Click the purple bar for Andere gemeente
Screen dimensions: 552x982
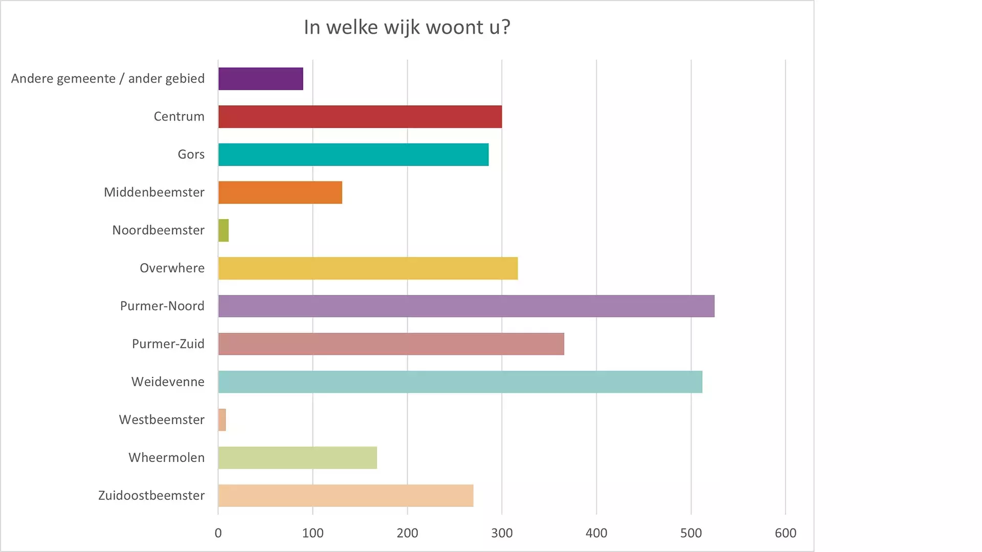click(x=260, y=79)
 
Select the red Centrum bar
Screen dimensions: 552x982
click(x=360, y=117)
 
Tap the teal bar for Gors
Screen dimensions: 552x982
click(x=353, y=154)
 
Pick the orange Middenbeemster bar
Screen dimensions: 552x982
click(x=280, y=192)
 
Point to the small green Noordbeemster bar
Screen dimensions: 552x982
click(x=224, y=231)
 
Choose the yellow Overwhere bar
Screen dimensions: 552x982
click(x=368, y=268)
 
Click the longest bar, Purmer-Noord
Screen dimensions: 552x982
click(x=466, y=306)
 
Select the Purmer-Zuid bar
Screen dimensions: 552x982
click(x=391, y=344)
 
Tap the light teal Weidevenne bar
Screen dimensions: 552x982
click(x=460, y=382)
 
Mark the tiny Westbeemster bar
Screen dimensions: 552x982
click(x=222, y=420)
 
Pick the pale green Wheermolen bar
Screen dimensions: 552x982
click(x=297, y=457)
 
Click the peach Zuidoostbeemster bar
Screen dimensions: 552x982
click(x=345, y=495)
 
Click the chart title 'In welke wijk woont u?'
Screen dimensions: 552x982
click(x=407, y=27)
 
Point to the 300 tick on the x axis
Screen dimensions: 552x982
click(x=502, y=533)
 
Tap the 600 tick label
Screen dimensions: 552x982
click(x=785, y=533)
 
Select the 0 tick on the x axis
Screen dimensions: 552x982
click(x=218, y=533)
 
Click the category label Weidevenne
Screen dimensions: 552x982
click(x=168, y=382)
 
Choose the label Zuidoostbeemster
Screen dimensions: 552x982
click(x=151, y=495)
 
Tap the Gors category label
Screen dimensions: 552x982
click(x=191, y=154)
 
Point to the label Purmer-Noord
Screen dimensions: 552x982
click(x=162, y=306)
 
